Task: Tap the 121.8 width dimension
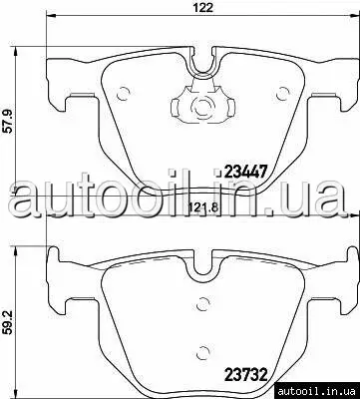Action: click(203, 208)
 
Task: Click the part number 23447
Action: click(246, 172)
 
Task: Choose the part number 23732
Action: click(246, 375)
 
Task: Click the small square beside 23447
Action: click(218, 173)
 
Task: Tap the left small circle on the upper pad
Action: click(123, 94)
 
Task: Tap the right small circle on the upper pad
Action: click(282, 94)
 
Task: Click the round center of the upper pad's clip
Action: click(202, 107)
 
